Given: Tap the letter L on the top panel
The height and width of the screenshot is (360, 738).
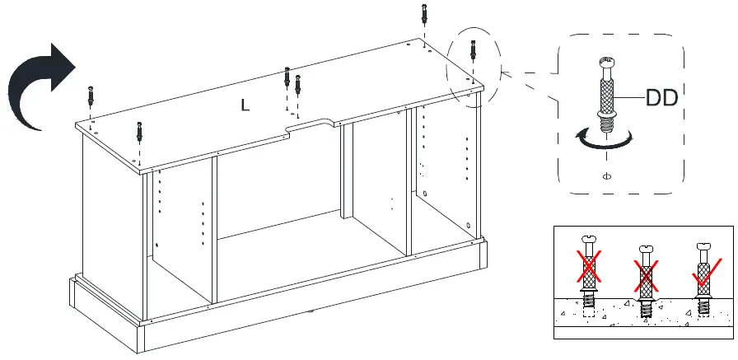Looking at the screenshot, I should pyautogui.click(x=245, y=105).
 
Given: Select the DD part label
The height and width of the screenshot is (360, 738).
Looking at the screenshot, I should pyautogui.click(x=661, y=99).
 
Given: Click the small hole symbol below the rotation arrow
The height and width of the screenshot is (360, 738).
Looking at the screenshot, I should pyautogui.click(x=606, y=175).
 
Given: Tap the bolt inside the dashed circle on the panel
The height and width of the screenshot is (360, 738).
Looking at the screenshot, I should pyautogui.click(x=473, y=50).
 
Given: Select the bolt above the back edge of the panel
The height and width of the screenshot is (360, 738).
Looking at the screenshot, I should pyautogui.click(x=423, y=14).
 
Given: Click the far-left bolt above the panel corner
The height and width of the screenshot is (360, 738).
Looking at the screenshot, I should pyautogui.click(x=90, y=94).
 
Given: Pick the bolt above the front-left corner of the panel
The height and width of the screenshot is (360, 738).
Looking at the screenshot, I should pyautogui.click(x=140, y=131).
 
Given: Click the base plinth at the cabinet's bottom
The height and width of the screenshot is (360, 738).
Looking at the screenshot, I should pyautogui.click(x=272, y=325).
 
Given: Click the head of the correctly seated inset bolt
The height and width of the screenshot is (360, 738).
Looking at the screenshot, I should pyautogui.click(x=703, y=245).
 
